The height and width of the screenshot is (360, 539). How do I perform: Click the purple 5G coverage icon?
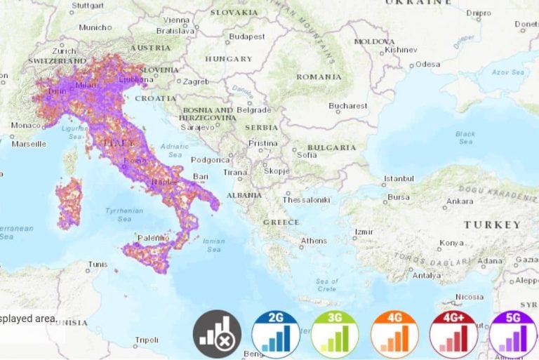click(x=513, y=334)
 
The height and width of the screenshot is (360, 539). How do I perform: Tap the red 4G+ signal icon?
click(x=454, y=334)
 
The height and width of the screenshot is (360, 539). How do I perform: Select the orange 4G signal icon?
click(x=394, y=334)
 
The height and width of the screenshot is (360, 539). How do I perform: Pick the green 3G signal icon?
click(x=335, y=334)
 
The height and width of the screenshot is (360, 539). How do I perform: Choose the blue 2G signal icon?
click(x=277, y=334)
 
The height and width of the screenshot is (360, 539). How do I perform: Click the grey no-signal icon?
click(x=218, y=334)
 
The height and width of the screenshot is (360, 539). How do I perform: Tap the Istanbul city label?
click(x=399, y=178)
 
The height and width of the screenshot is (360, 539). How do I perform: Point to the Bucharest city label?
click(x=348, y=106)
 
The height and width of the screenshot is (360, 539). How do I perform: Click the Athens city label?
click(x=313, y=241)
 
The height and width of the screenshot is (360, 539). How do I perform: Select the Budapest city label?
click(x=246, y=36)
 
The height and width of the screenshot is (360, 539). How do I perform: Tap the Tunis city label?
click(x=98, y=265)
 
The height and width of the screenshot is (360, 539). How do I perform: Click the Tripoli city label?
click(x=147, y=340)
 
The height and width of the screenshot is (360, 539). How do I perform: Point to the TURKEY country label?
click(x=492, y=225)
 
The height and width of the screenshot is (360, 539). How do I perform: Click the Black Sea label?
click(x=465, y=137)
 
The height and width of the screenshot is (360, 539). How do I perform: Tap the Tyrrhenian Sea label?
click(x=124, y=215)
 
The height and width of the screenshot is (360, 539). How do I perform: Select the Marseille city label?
click(x=29, y=144)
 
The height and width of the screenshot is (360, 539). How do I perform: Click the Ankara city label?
click(x=460, y=201)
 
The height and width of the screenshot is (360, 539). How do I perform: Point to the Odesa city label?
click(x=427, y=64)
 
